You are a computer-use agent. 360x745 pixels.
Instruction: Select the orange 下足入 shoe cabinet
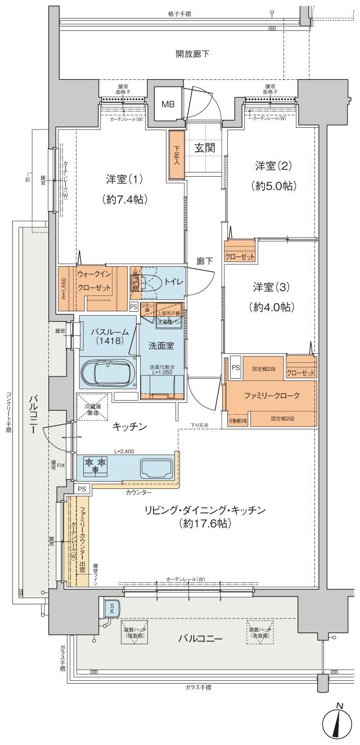[x=176, y=155]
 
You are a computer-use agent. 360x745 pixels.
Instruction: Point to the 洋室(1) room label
[x=124, y=179]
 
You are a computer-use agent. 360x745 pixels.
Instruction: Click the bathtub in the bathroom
[x=106, y=372]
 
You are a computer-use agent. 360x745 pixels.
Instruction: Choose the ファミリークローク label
[x=271, y=395]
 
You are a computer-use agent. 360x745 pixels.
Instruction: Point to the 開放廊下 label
[x=192, y=55]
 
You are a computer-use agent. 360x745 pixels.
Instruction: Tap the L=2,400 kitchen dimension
[x=124, y=451]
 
